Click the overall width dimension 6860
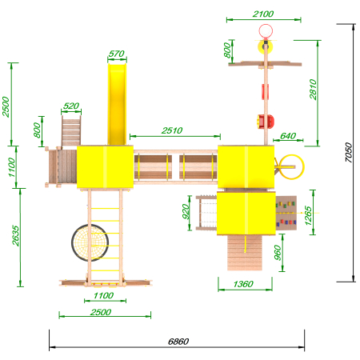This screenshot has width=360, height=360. (178, 342)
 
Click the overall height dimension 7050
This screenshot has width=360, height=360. (348, 152)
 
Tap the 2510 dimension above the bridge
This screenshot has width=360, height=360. (172, 130)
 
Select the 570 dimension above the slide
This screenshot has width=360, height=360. (117, 54)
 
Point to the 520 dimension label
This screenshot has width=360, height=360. (71, 106)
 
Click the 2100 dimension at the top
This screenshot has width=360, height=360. (263, 14)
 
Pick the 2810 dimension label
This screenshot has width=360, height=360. (313, 90)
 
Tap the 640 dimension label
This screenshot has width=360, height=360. (288, 136)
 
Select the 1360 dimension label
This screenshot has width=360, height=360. (243, 284)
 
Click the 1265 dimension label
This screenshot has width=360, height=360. (308, 215)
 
